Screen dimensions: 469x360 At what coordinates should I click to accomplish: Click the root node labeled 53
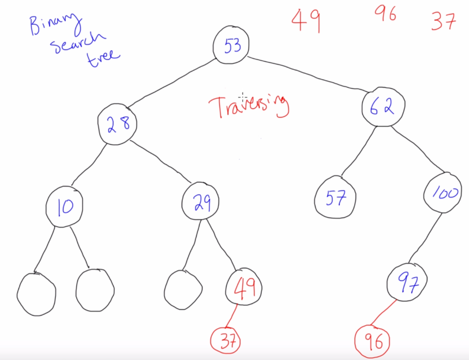click(232, 46)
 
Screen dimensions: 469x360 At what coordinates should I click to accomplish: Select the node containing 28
click(118, 124)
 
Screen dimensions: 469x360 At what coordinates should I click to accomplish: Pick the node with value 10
click(65, 206)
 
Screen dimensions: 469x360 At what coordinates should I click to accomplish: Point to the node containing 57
click(335, 199)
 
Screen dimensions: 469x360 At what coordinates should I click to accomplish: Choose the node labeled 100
click(444, 193)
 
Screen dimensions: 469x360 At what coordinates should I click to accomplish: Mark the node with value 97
click(407, 283)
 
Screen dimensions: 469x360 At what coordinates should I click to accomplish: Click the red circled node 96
click(373, 341)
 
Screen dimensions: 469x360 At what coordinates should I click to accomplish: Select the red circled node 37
click(226, 342)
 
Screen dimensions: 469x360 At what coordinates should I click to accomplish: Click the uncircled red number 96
click(385, 14)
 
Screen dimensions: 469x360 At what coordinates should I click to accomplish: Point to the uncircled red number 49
click(306, 21)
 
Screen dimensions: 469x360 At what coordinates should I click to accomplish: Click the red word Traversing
click(248, 106)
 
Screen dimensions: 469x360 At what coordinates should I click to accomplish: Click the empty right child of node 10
click(95, 290)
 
